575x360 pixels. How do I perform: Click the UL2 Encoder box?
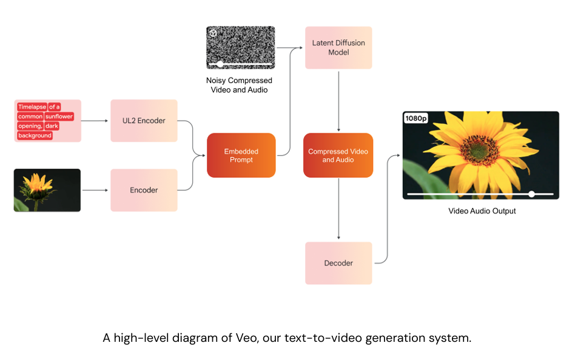(x=144, y=121)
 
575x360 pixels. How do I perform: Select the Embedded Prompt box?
(x=241, y=155)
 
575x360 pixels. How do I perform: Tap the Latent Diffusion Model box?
(x=338, y=48)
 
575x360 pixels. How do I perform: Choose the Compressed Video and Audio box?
(x=338, y=155)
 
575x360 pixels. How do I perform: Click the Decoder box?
(x=338, y=263)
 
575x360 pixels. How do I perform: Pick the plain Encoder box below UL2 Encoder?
(x=144, y=190)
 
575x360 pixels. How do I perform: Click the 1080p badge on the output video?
(x=417, y=119)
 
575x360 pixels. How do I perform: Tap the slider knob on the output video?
(x=531, y=194)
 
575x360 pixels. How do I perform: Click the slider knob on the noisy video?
(x=220, y=64)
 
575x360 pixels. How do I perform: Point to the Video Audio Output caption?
(x=482, y=211)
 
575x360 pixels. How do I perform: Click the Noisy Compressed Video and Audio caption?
(x=239, y=85)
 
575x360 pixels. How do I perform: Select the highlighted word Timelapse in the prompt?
(x=32, y=107)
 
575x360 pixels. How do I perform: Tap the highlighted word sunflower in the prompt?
(x=59, y=116)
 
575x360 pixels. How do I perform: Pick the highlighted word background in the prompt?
(x=35, y=136)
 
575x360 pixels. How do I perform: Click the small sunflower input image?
(x=47, y=190)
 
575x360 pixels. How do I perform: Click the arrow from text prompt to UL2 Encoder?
(x=95, y=121)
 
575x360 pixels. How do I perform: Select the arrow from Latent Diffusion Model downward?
(x=338, y=100)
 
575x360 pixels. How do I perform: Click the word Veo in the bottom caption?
(x=246, y=338)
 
